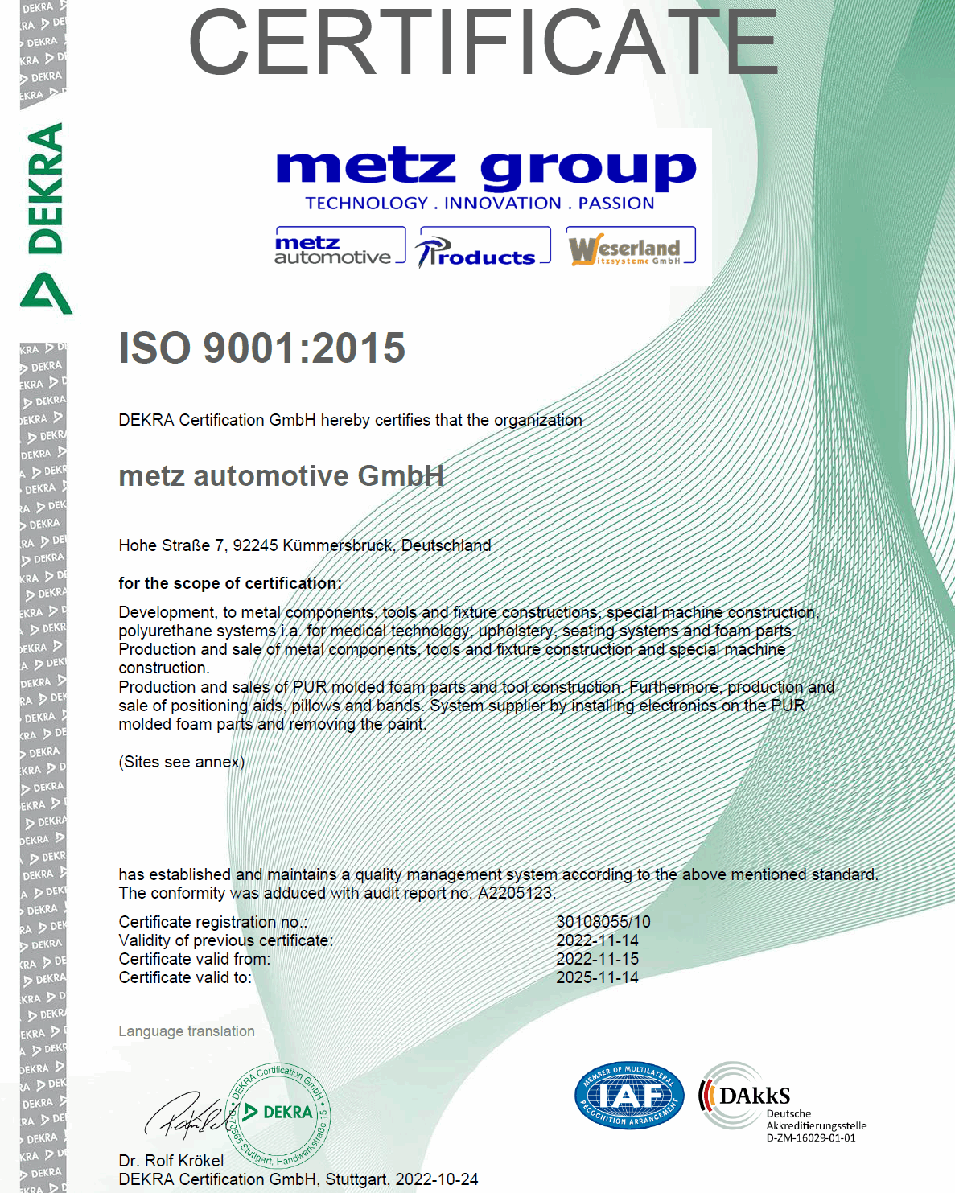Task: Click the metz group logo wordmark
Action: click(x=485, y=169)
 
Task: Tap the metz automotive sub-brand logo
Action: click(x=339, y=249)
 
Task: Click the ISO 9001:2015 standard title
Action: click(x=262, y=348)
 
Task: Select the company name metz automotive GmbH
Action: click(x=281, y=476)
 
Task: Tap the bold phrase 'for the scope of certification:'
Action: click(x=230, y=583)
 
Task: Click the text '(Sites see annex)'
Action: click(x=182, y=762)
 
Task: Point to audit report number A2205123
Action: click(x=516, y=893)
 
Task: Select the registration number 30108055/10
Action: click(x=603, y=922)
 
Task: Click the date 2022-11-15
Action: click(x=597, y=959)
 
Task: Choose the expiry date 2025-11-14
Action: click(x=597, y=977)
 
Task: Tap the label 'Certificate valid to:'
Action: click(x=185, y=977)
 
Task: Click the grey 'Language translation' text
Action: click(x=187, y=1031)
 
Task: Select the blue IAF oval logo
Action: click(x=629, y=1096)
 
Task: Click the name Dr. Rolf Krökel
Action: click(x=171, y=1161)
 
